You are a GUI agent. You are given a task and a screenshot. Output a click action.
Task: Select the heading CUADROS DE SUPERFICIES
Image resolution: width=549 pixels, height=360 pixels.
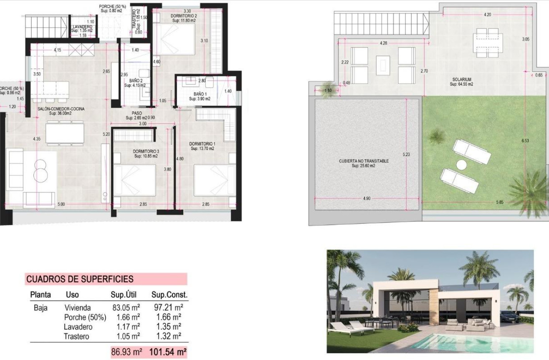point(80,279)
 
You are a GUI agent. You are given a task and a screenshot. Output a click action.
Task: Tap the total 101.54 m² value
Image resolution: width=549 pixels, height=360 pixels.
point(167,352)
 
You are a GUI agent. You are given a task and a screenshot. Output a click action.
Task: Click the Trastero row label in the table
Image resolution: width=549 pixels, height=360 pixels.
point(77,337)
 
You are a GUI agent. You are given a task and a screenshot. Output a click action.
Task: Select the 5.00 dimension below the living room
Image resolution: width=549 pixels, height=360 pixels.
point(61,204)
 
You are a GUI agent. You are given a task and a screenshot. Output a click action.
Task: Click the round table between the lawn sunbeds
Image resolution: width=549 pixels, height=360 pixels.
point(461,165)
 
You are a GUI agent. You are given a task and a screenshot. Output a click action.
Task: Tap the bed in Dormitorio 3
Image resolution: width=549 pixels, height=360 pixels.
point(134,179)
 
